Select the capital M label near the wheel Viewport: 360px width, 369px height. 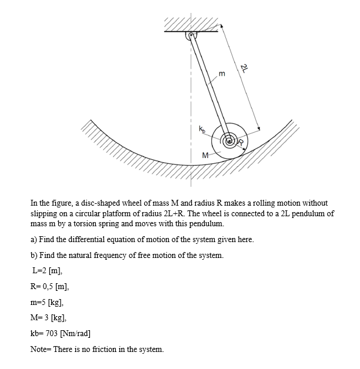(x=205, y=155)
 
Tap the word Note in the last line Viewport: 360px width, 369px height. (x=39, y=350)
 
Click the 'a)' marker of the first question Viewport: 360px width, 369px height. (x=34, y=240)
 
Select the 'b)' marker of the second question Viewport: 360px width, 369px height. (x=34, y=255)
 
